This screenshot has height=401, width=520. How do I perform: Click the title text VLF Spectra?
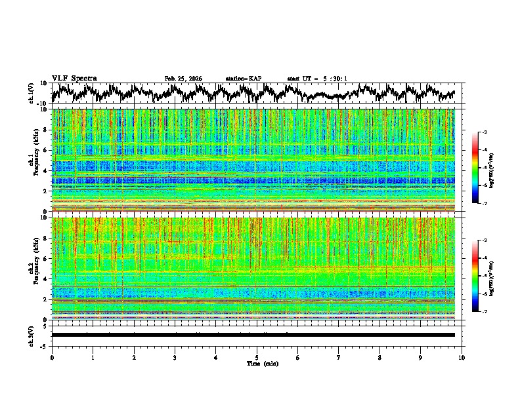[74, 79]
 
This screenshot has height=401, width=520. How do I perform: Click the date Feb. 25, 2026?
[183, 79]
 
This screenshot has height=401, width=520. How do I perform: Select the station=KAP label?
[243, 79]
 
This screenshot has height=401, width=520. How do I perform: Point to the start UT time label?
[316, 79]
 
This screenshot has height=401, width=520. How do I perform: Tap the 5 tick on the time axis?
[257, 357]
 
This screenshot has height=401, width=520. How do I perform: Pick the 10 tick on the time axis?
[462, 357]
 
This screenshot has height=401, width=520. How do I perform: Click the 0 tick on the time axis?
[52, 357]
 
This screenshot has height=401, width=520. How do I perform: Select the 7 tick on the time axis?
[339, 357]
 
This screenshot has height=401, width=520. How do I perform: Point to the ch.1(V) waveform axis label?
[32, 93]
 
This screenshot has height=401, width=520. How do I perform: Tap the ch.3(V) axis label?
[32, 335]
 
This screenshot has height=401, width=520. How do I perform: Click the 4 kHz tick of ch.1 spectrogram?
[47, 170]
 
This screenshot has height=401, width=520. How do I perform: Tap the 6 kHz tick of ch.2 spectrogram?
[47, 259]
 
